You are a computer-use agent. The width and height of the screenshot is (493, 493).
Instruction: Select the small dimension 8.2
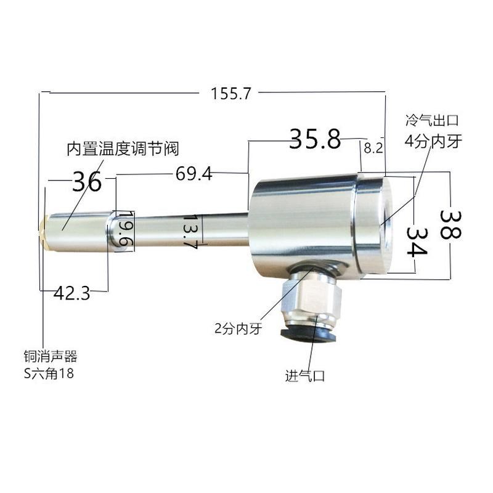tap(373, 148)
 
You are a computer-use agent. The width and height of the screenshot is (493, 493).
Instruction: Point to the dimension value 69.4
tap(194, 174)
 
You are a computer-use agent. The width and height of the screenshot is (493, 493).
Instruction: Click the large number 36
tap(87, 182)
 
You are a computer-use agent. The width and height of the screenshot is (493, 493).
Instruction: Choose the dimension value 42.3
tap(71, 293)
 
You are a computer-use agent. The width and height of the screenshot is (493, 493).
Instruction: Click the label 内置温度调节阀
tap(123, 149)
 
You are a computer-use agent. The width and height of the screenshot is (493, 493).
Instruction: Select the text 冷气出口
tap(432, 121)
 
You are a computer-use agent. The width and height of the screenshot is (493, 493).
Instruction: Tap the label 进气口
tap(304, 375)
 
